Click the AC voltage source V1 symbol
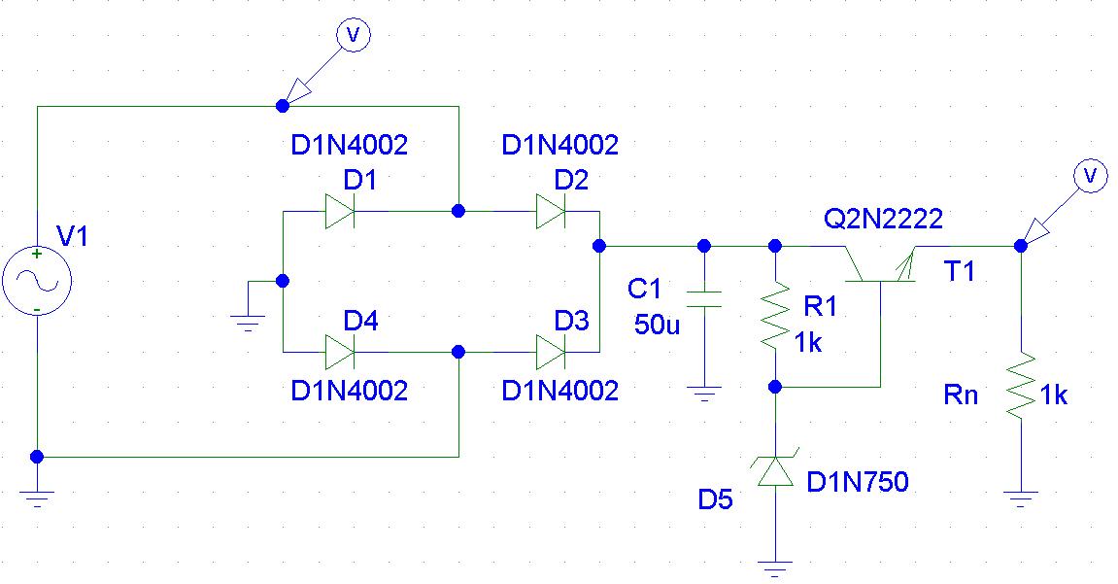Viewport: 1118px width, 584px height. pos(37,280)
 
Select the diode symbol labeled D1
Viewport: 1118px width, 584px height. pos(340,212)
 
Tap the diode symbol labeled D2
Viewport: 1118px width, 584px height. pos(551,212)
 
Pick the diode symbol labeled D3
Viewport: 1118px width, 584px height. pos(551,353)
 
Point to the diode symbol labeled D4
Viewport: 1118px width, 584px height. pos(340,353)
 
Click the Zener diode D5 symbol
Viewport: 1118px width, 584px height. pos(775,470)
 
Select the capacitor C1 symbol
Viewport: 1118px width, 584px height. pos(704,298)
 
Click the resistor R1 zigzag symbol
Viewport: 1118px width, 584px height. pos(775,316)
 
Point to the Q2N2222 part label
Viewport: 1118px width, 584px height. pos(883,219)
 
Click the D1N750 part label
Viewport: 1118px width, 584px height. pos(858,483)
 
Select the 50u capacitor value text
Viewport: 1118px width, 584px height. pos(657,326)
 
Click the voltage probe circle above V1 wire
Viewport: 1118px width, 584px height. pos(353,34)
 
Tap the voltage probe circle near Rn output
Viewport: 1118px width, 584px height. pos(1090,176)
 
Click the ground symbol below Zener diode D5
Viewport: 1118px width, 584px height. pos(775,569)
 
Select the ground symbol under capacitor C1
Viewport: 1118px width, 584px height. pos(704,394)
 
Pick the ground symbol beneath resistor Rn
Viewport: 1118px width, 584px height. pos(1021,498)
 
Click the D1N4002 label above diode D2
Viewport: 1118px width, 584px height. pos(560,146)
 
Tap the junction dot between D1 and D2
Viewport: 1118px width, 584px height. pos(458,211)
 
